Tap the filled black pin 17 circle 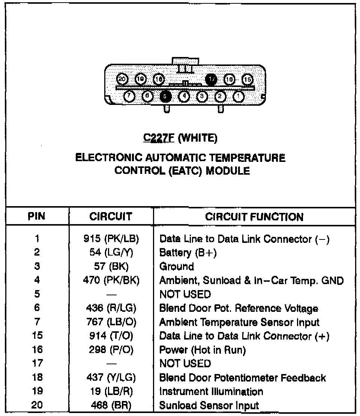[211, 79]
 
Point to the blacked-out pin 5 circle [165, 96]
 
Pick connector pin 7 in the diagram [129, 96]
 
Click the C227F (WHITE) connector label [180, 139]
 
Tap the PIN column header [37, 217]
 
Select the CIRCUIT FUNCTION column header [254, 217]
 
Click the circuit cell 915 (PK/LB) [111, 239]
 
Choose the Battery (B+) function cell [188, 253]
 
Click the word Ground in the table [177, 266]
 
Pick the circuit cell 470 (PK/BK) [111, 280]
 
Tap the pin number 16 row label [37, 350]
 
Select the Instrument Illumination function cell [211, 392]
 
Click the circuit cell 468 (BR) [111, 406]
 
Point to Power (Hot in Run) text [202, 350]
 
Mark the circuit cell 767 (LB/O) [111, 322]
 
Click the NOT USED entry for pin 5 [185, 294]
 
